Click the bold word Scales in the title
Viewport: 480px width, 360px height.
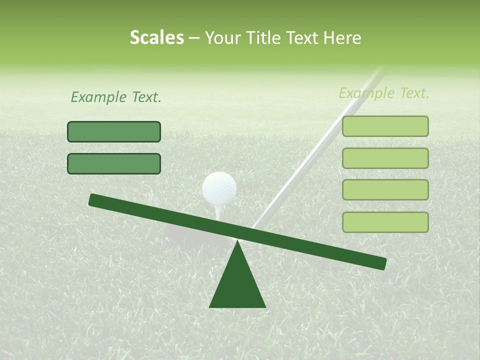click(x=156, y=38)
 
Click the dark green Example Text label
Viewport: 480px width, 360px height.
click(x=116, y=97)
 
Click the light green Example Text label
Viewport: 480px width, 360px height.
click(x=384, y=93)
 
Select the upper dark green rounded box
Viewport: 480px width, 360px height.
click(x=114, y=131)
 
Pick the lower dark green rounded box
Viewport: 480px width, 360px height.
click(x=114, y=163)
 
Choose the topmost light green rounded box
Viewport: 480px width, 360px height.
click(x=385, y=126)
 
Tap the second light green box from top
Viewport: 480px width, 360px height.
click(x=385, y=158)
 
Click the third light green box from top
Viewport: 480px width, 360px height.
click(x=385, y=190)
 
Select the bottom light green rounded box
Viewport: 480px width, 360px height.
click(x=385, y=222)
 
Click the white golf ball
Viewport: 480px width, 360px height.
click(x=219, y=188)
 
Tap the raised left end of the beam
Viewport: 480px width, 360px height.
click(x=95, y=200)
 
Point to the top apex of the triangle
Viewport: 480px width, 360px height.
click(x=237, y=242)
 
